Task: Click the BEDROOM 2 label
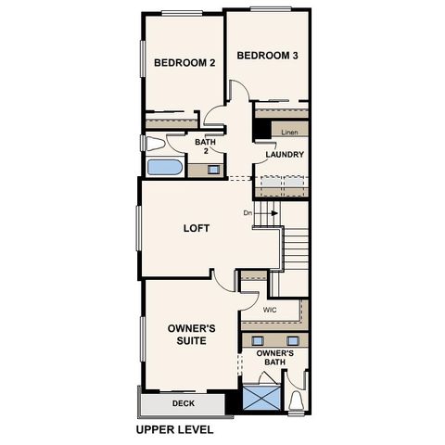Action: coord(184,63)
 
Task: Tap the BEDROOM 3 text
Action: coord(267,56)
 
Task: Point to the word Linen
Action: coord(290,133)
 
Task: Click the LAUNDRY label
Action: coord(285,155)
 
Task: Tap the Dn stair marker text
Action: coord(248,213)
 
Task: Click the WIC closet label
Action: coord(270,310)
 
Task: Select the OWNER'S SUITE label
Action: coord(192,335)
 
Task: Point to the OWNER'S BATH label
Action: coord(275,359)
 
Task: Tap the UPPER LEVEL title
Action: coord(174,430)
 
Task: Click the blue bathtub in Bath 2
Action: coord(165,168)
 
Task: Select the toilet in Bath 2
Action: coord(154,144)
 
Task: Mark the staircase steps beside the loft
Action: coord(294,248)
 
